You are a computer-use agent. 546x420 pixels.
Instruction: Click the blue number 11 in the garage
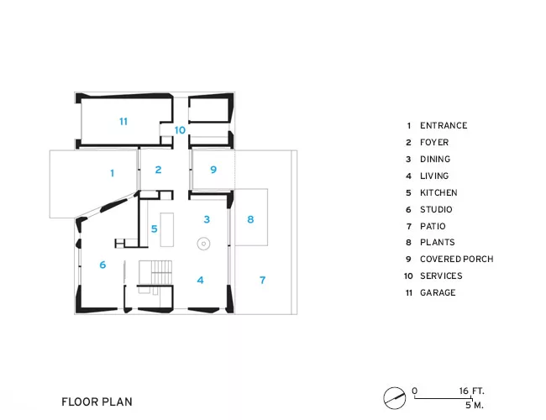tap(123, 122)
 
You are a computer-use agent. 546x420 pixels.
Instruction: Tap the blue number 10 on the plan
tap(180, 130)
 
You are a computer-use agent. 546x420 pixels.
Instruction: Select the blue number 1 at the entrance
tap(112, 173)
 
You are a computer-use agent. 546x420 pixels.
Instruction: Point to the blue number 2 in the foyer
tap(158, 170)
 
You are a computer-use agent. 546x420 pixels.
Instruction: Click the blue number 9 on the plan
tap(213, 170)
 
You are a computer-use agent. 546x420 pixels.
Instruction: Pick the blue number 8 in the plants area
tap(250, 219)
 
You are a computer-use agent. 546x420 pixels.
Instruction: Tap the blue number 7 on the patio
tap(263, 280)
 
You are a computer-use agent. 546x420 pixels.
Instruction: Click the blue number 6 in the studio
tap(102, 265)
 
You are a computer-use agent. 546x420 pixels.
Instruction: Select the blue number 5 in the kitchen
tap(155, 228)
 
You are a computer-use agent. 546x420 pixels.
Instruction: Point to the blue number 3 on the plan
tap(207, 219)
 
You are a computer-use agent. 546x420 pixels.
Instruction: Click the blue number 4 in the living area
tap(200, 280)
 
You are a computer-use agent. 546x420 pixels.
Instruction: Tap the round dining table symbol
tap(204, 244)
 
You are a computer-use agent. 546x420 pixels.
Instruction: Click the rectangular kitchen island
tap(167, 230)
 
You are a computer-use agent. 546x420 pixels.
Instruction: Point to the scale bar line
tap(443, 398)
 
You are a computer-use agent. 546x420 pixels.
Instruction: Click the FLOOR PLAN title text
tap(97, 402)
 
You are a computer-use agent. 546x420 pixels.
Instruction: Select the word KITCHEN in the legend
tap(438, 192)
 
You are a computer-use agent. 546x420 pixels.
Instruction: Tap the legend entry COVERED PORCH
tap(456, 259)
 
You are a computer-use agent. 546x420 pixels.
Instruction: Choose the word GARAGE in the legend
tap(438, 292)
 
